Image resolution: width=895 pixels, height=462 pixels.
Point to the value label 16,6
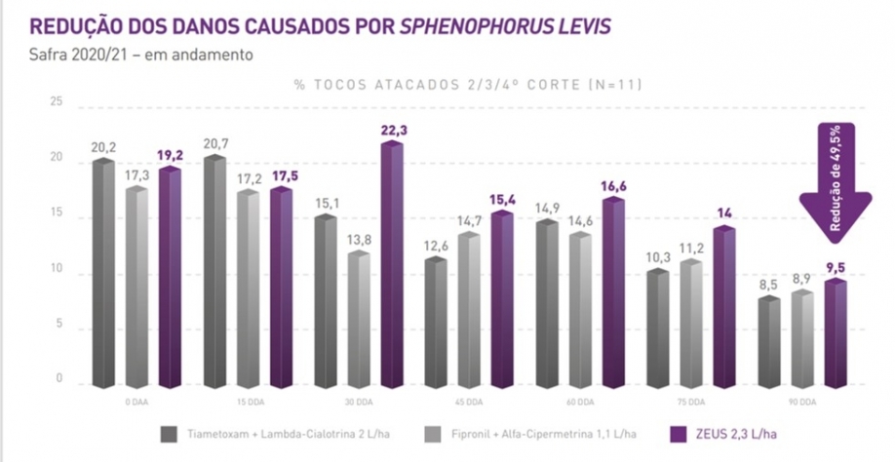click(x=613, y=183)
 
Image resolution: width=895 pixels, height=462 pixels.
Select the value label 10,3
click(x=659, y=255)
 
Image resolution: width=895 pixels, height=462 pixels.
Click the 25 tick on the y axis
click(x=57, y=102)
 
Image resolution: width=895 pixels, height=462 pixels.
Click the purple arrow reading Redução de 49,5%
click(x=836, y=180)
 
